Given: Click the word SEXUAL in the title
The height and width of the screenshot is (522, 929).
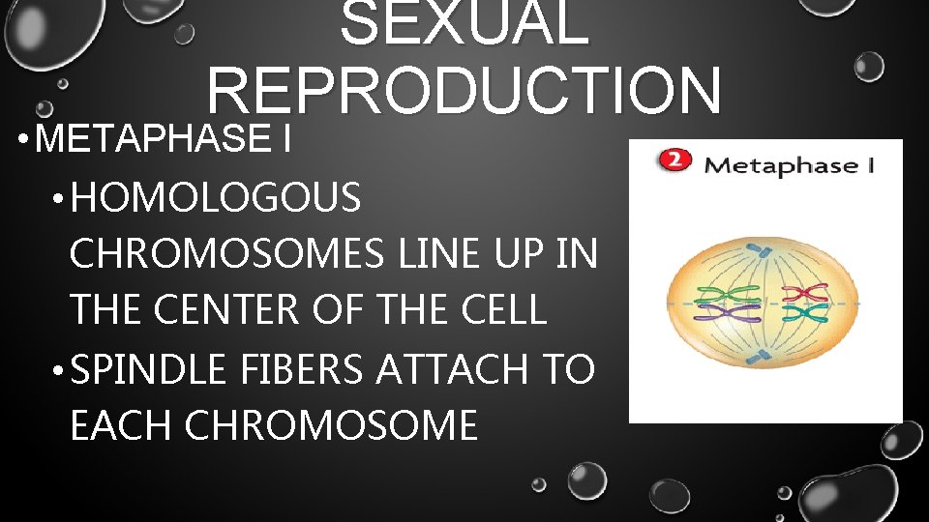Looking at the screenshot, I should [x=464, y=23].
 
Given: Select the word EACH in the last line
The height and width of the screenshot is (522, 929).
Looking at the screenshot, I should [x=122, y=424].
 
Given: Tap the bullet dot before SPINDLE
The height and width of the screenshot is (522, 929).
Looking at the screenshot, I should [x=59, y=369].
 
